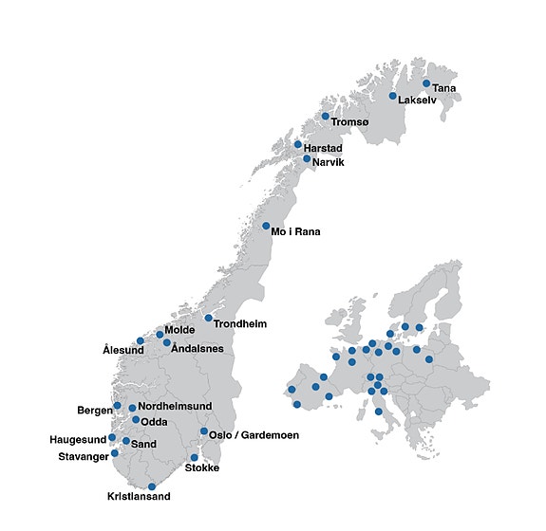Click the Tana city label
click(443, 88)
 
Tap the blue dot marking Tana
click(426, 83)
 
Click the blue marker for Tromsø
click(325, 117)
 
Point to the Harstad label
click(323, 149)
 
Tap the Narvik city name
click(328, 162)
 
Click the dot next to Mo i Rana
click(266, 226)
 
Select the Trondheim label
click(240, 324)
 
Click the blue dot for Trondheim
click(208, 317)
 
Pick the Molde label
click(179, 330)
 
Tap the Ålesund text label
click(123, 350)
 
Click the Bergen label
click(95, 411)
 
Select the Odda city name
click(154, 422)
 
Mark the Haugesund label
click(79, 440)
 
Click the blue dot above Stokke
click(195, 457)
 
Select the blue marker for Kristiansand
click(152, 486)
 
